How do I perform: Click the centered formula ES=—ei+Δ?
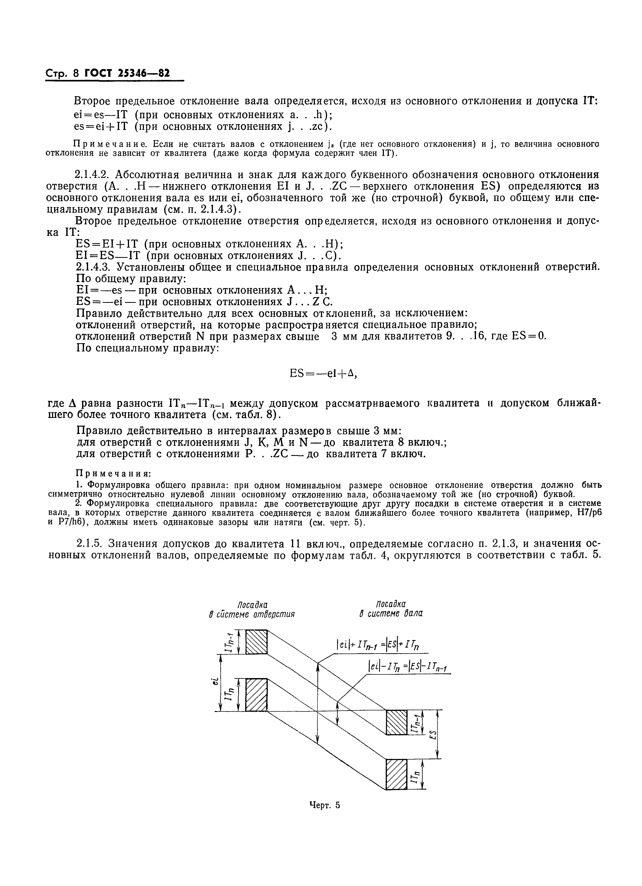(323, 374)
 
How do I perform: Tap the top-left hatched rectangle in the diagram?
(256, 641)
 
